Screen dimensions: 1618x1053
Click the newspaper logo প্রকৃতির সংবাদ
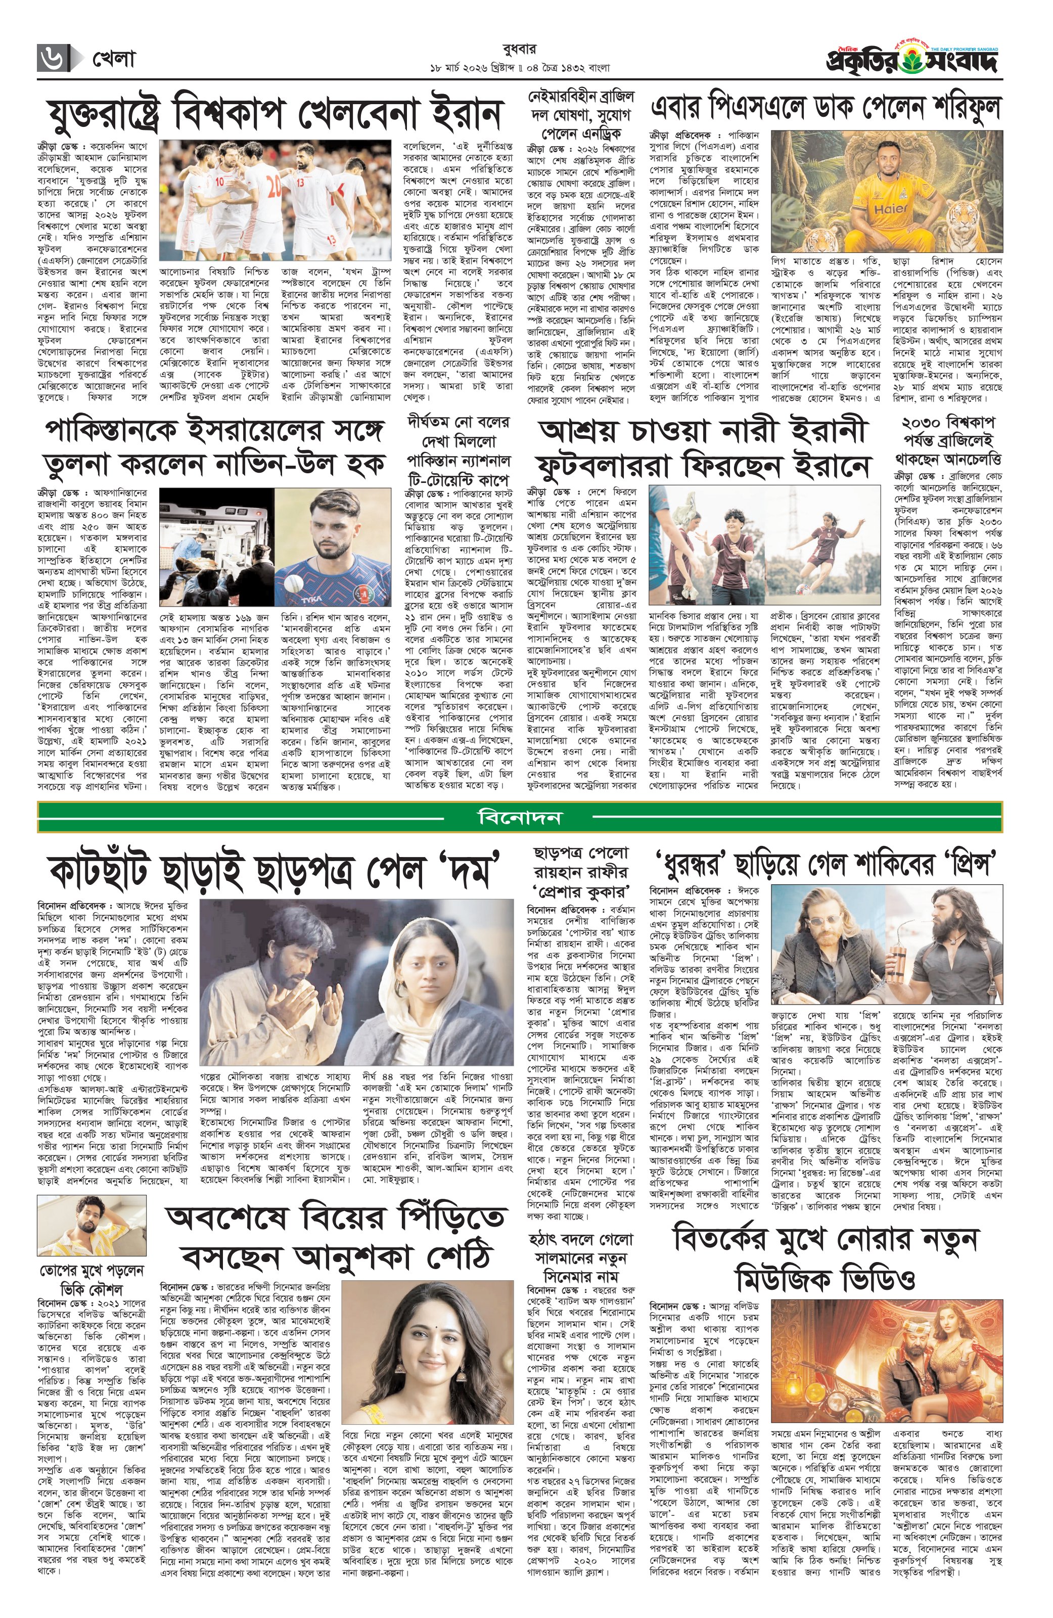tap(911, 62)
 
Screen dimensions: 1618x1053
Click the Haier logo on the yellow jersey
tap(891, 209)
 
